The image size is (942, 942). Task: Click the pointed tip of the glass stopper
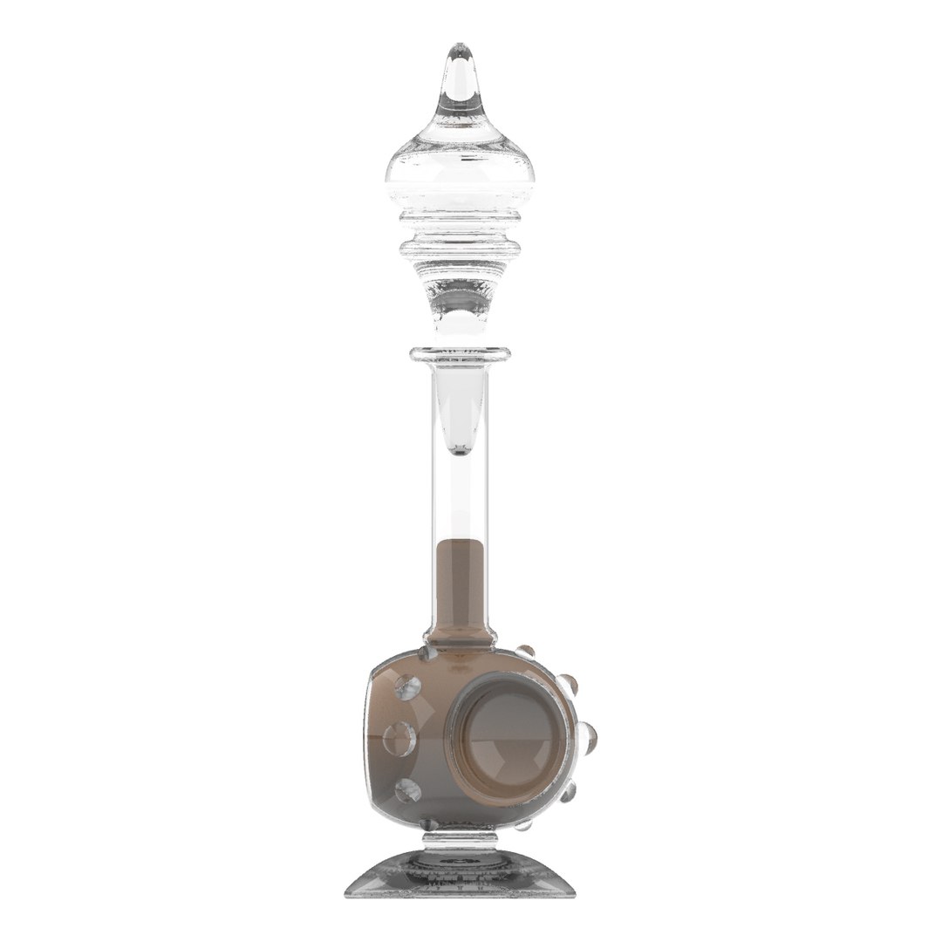click(x=460, y=51)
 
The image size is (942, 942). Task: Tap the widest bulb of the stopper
click(x=460, y=179)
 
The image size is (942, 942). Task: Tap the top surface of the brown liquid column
click(x=460, y=543)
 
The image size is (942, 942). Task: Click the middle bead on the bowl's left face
click(x=399, y=739)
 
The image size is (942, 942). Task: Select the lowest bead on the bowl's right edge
click(x=525, y=824)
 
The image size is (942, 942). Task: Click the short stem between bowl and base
click(x=460, y=841)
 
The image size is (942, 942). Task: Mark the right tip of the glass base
click(x=576, y=893)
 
